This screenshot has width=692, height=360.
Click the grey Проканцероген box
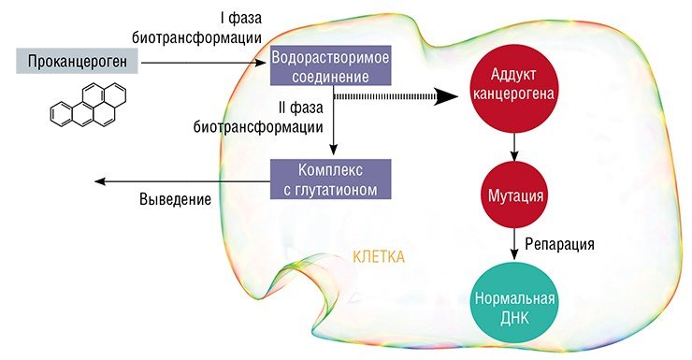click(77, 61)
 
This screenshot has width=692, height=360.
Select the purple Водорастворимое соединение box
click(330, 65)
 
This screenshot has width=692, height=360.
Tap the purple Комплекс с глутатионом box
click(330, 180)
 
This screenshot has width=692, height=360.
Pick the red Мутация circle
click(514, 194)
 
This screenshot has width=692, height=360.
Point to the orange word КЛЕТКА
click(379, 257)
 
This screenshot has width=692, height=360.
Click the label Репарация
click(559, 244)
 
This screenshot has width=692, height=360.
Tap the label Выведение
click(175, 199)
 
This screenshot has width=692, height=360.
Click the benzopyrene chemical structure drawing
click(88, 105)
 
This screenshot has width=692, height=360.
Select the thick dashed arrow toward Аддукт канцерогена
click(396, 96)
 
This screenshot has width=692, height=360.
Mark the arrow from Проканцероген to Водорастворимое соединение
click(203, 63)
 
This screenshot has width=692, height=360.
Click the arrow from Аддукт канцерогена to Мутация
click(514, 147)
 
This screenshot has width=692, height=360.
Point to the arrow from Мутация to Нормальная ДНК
click(514, 244)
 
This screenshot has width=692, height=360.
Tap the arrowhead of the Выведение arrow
click(100, 180)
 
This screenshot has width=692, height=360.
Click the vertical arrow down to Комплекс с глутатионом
click(334, 119)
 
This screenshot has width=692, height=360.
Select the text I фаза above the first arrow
click(240, 18)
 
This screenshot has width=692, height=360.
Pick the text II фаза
click(300, 108)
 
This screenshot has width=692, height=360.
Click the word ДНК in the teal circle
click(514, 318)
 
